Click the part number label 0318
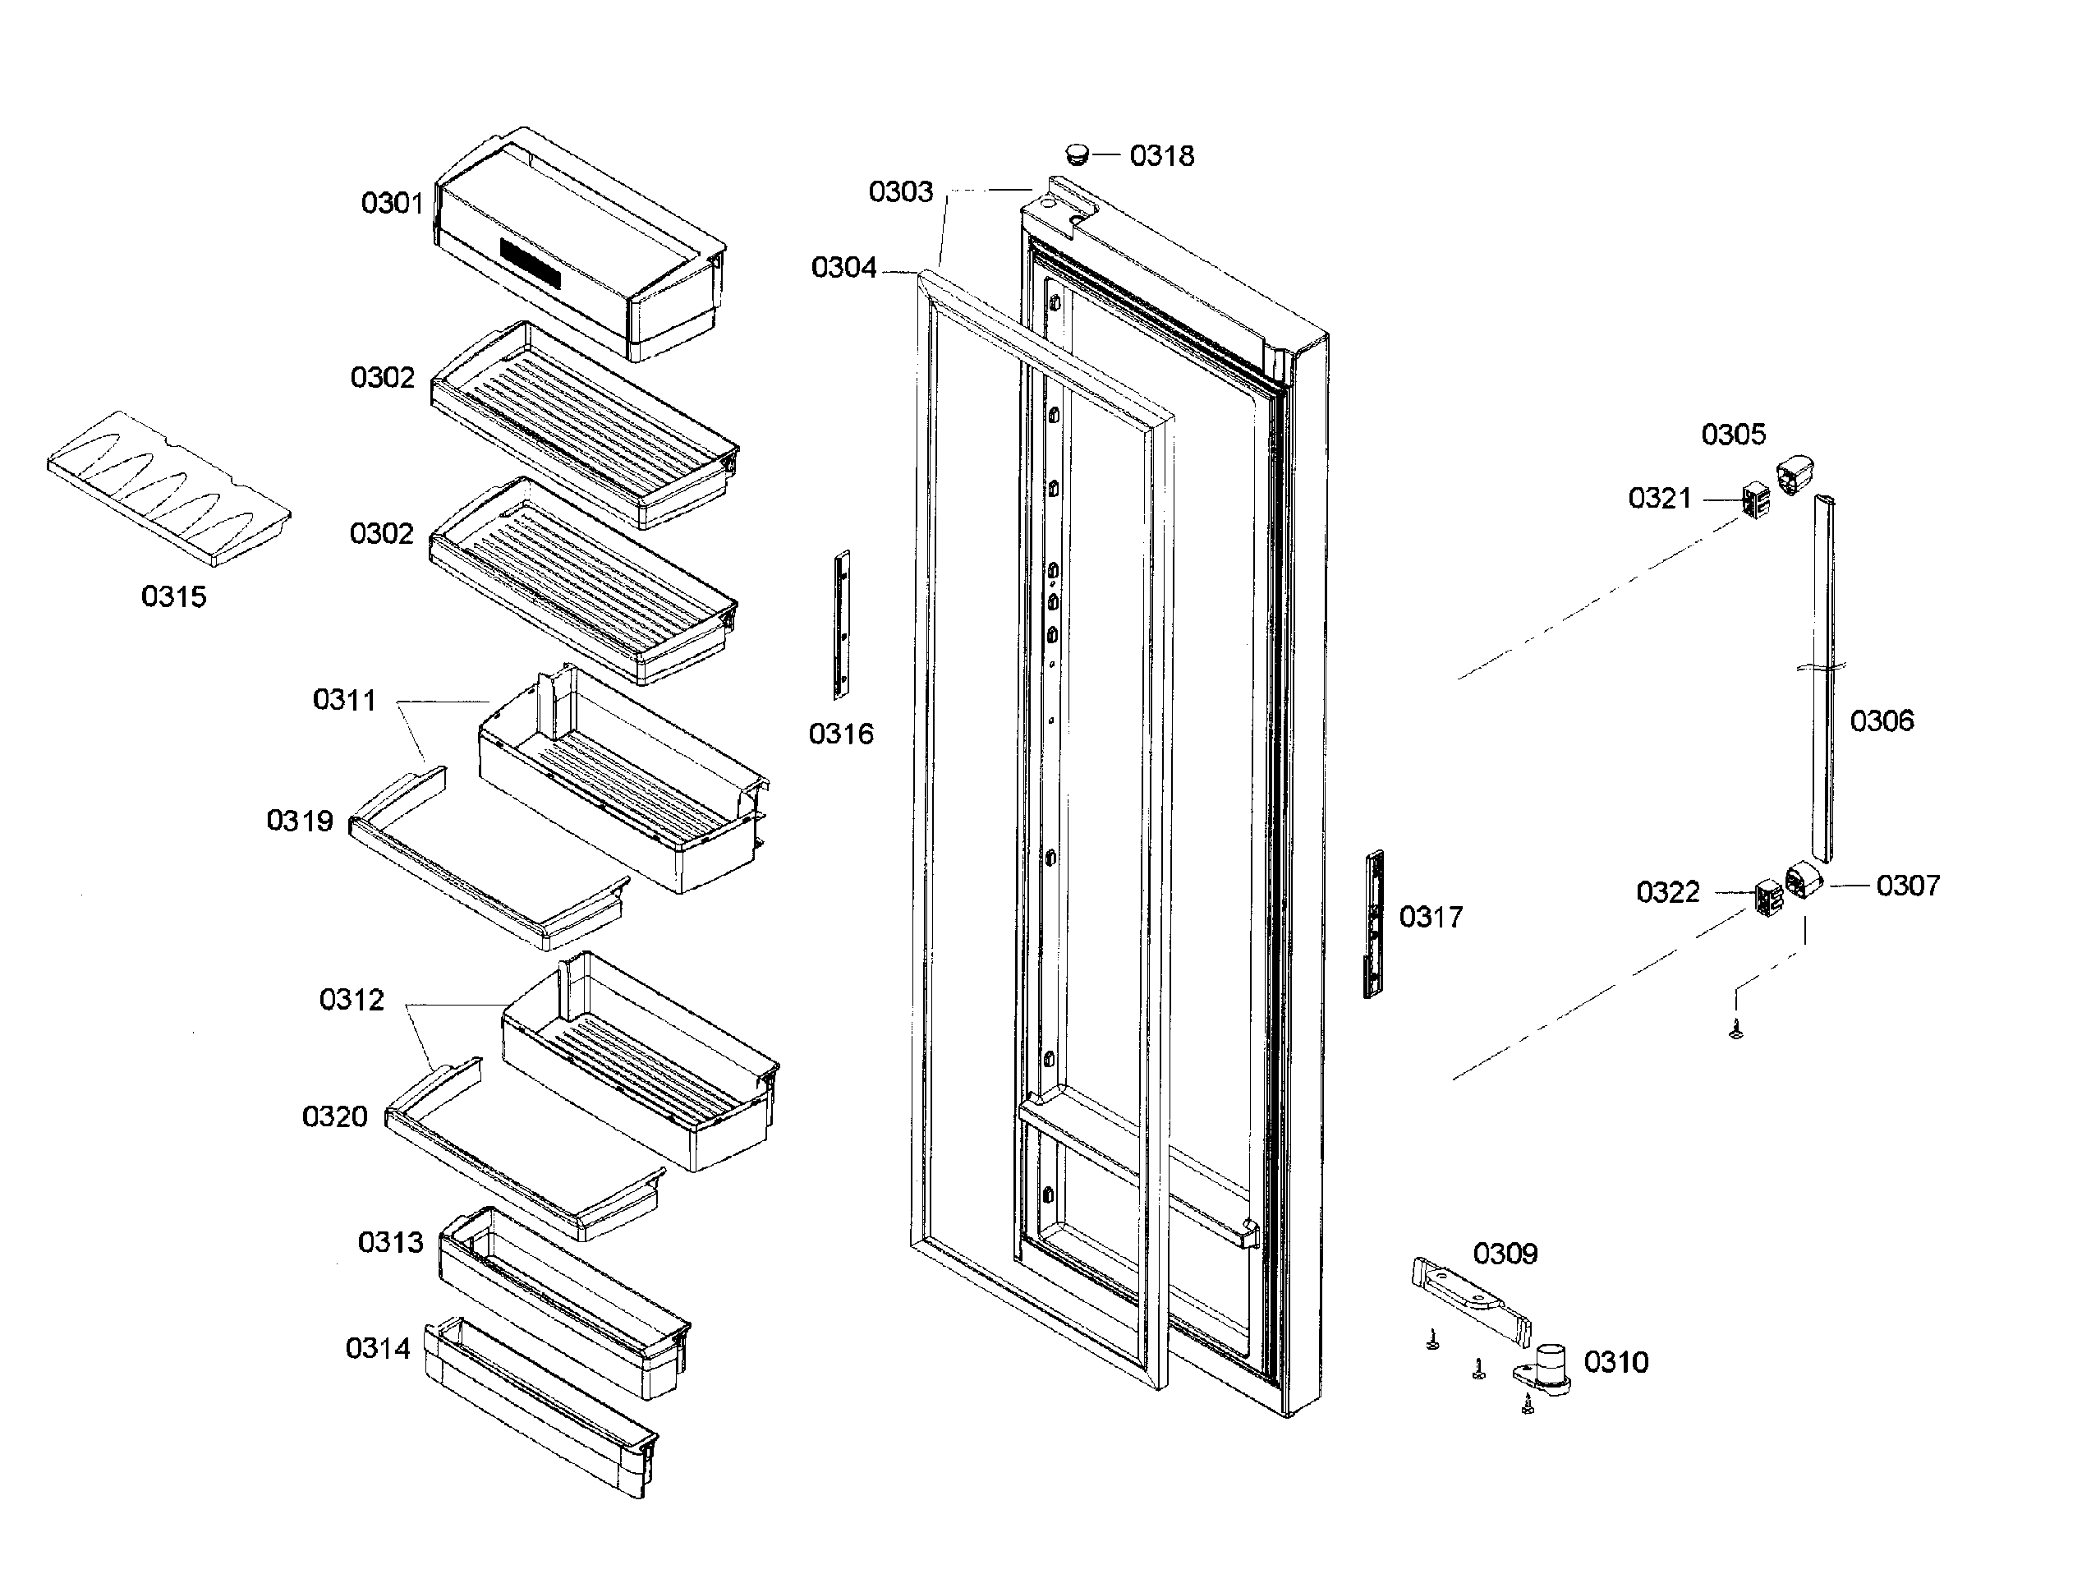(x=1162, y=156)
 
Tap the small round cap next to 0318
(x=1077, y=153)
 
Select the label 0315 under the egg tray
(x=173, y=596)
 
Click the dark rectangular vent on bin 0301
(x=531, y=265)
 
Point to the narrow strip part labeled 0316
(x=840, y=624)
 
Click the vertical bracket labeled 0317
(x=1372, y=923)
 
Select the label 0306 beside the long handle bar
(x=1881, y=721)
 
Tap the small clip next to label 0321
(x=1755, y=499)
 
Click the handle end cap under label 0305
(x=1795, y=476)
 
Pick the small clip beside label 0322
(x=1767, y=897)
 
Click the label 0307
(x=1908, y=886)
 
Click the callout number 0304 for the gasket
(x=843, y=269)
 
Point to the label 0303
(x=900, y=192)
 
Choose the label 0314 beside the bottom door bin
(x=377, y=1348)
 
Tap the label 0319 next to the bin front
(x=300, y=821)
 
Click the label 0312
(x=352, y=1000)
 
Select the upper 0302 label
(x=382, y=378)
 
